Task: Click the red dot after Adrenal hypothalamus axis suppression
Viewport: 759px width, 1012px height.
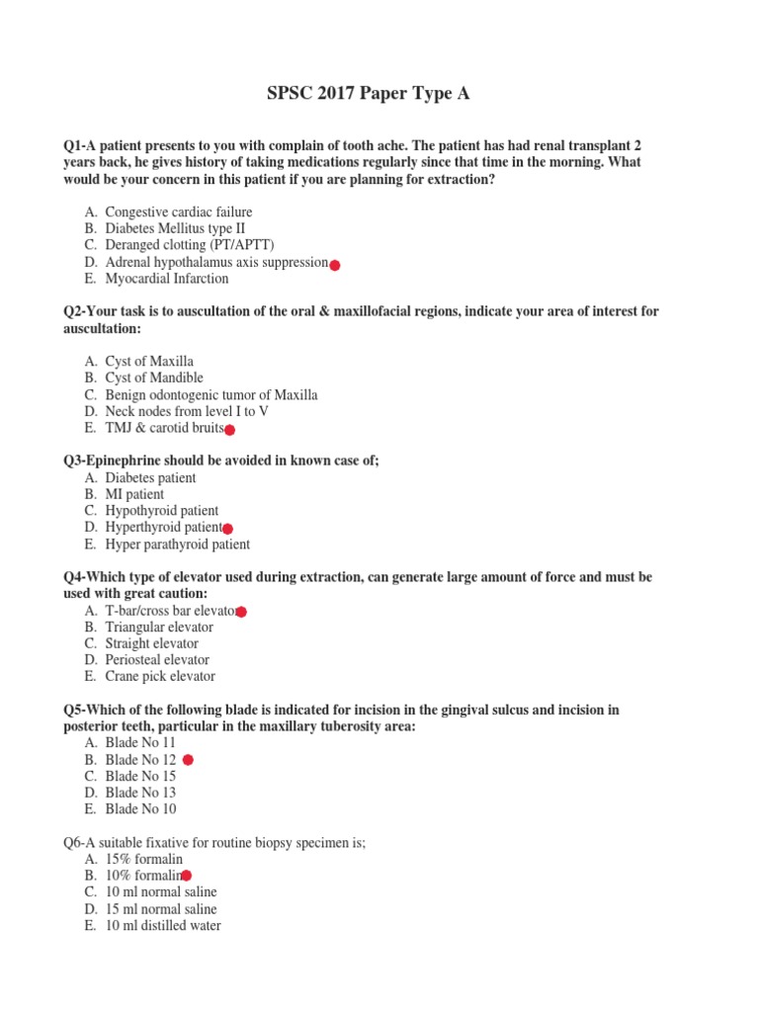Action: pyautogui.click(x=335, y=265)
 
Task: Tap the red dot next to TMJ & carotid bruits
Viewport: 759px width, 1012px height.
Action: pyautogui.click(x=229, y=430)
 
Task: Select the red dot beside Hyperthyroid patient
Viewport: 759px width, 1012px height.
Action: pyautogui.click(x=227, y=530)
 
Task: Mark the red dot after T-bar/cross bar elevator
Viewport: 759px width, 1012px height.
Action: pyautogui.click(x=241, y=613)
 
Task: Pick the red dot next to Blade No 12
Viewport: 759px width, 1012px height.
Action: pyautogui.click(x=189, y=760)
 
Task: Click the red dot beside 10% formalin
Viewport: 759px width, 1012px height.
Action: pyautogui.click(x=187, y=876)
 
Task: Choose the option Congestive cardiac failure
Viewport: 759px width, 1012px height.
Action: pyautogui.click(x=178, y=212)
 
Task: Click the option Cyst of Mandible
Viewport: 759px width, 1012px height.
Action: pyautogui.click(x=154, y=378)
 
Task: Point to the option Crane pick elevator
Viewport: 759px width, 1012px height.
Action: pyautogui.click(x=160, y=677)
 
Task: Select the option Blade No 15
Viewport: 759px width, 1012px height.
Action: pyautogui.click(x=140, y=776)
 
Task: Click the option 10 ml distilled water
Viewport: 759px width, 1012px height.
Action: pyautogui.click(x=163, y=926)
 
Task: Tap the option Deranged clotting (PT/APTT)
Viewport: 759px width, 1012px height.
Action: pyautogui.click(x=190, y=245)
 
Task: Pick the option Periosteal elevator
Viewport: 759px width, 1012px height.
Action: pyautogui.click(x=157, y=660)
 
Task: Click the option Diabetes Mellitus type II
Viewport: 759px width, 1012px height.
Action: pyautogui.click(x=175, y=228)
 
